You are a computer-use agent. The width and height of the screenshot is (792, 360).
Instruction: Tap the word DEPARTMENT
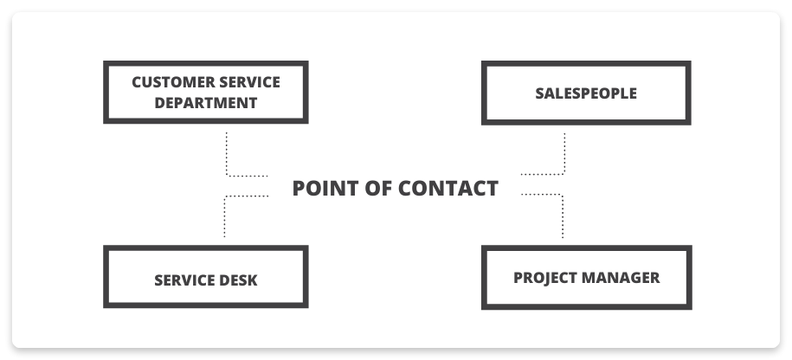coord(206,102)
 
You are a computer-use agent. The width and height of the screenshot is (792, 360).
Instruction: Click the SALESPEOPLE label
coord(586,93)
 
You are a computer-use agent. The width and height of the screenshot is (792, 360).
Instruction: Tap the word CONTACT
coord(456,188)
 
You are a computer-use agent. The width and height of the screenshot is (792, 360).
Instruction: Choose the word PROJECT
coord(544,278)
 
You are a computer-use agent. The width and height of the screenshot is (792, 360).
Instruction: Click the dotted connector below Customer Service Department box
coord(227,156)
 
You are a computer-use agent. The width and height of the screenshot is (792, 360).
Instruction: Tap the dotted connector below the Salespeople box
coord(564,156)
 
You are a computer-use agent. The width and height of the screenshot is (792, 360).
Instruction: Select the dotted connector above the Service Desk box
coord(225,216)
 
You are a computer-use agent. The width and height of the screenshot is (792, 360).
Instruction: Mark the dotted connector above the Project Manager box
coord(563,216)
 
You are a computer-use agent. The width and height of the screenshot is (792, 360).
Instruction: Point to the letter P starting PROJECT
coord(518,278)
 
